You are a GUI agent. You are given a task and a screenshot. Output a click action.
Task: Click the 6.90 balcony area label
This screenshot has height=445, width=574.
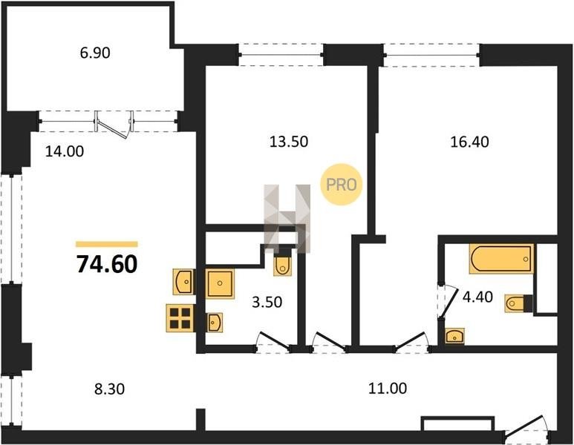95,53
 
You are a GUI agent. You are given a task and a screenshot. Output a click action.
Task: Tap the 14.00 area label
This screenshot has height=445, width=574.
65,151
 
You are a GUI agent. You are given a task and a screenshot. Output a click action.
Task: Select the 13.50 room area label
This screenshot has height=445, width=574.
289,141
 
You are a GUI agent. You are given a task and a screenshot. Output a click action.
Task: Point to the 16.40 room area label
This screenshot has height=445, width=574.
469,142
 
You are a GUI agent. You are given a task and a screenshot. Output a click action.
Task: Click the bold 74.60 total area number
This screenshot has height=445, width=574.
107,264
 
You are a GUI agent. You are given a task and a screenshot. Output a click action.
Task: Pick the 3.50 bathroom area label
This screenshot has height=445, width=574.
267,302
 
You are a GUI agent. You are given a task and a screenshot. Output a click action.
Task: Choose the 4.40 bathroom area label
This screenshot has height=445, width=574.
477,297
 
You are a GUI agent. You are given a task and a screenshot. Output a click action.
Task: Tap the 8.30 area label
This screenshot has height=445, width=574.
109,389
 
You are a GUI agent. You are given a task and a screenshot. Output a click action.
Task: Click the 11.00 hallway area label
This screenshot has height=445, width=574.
388,389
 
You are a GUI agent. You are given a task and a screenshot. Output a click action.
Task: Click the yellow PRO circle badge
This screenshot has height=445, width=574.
341,184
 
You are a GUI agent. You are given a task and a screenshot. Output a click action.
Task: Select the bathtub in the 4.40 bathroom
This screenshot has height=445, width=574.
501,259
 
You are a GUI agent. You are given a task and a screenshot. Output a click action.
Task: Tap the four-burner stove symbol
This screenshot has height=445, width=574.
180,318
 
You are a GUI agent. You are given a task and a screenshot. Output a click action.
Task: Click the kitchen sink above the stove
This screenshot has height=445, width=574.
183,282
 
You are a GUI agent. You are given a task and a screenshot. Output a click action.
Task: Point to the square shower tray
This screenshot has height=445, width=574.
219,283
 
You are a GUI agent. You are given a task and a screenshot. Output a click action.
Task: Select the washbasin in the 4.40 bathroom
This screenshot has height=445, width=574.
454,336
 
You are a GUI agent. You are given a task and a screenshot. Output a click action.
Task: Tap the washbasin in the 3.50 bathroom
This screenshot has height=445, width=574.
214,323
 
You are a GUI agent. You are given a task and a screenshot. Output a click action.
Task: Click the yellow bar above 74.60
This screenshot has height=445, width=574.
107,244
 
